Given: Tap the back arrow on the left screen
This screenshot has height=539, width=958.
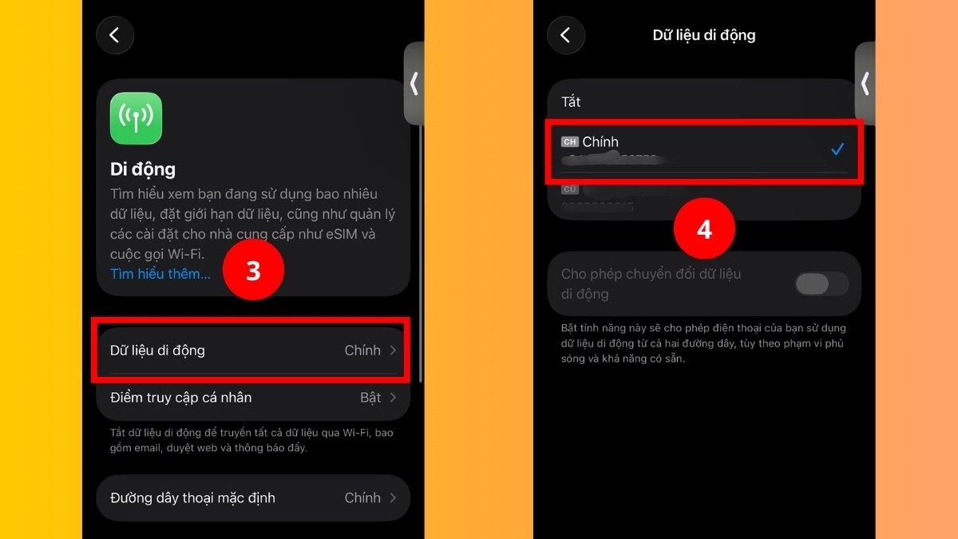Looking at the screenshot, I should (x=115, y=35).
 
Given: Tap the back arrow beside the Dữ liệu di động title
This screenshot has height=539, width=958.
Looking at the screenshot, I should (x=566, y=35).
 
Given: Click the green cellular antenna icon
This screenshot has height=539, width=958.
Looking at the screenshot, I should (x=136, y=118).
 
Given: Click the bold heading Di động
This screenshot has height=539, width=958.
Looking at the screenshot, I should (x=143, y=169).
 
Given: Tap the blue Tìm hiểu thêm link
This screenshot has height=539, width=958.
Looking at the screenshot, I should (x=160, y=274).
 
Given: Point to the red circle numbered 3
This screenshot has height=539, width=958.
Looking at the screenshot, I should (x=253, y=271).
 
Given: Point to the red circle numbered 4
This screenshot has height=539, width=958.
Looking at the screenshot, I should (x=704, y=229).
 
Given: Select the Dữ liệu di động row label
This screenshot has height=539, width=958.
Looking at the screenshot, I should (x=157, y=351).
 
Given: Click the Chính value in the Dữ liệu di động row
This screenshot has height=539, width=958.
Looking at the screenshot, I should (x=362, y=351).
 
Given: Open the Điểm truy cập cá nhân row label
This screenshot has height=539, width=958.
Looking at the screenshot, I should (x=180, y=398).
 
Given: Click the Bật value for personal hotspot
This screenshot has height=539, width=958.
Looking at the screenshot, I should (x=370, y=398).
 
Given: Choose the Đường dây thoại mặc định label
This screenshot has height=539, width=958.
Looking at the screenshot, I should (x=192, y=497).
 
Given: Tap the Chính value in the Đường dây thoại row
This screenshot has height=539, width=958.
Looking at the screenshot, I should (x=362, y=497).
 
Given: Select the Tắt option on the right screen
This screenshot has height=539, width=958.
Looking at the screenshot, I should (x=571, y=102).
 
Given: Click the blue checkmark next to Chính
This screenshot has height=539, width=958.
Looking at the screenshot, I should (x=837, y=149).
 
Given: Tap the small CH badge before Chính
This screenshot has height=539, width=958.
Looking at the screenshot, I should (x=569, y=142).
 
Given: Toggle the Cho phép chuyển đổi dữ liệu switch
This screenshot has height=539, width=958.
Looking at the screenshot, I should (x=821, y=283).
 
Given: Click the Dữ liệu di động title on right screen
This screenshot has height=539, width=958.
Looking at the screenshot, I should (x=704, y=35).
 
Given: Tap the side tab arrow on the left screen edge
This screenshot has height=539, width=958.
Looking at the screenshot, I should (x=414, y=84).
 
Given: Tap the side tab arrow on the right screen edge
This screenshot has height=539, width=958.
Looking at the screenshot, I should (x=865, y=84).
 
